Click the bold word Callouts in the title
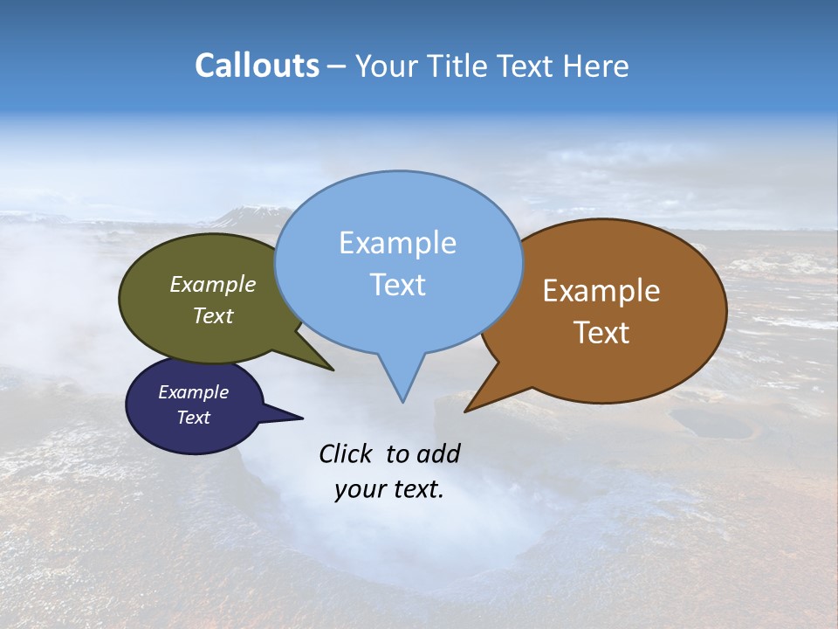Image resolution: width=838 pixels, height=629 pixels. [x=257, y=66]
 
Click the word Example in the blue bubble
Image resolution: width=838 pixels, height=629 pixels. [x=397, y=243]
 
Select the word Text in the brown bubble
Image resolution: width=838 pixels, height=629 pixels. [x=601, y=333]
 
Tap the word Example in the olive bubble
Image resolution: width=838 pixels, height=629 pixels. [x=212, y=285]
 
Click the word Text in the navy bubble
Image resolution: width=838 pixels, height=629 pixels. [x=193, y=418]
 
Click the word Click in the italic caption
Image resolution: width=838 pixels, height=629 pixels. [x=347, y=453]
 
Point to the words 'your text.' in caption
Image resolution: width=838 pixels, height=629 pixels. [x=388, y=489]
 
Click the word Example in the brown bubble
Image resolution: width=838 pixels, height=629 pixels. [x=601, y=291]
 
